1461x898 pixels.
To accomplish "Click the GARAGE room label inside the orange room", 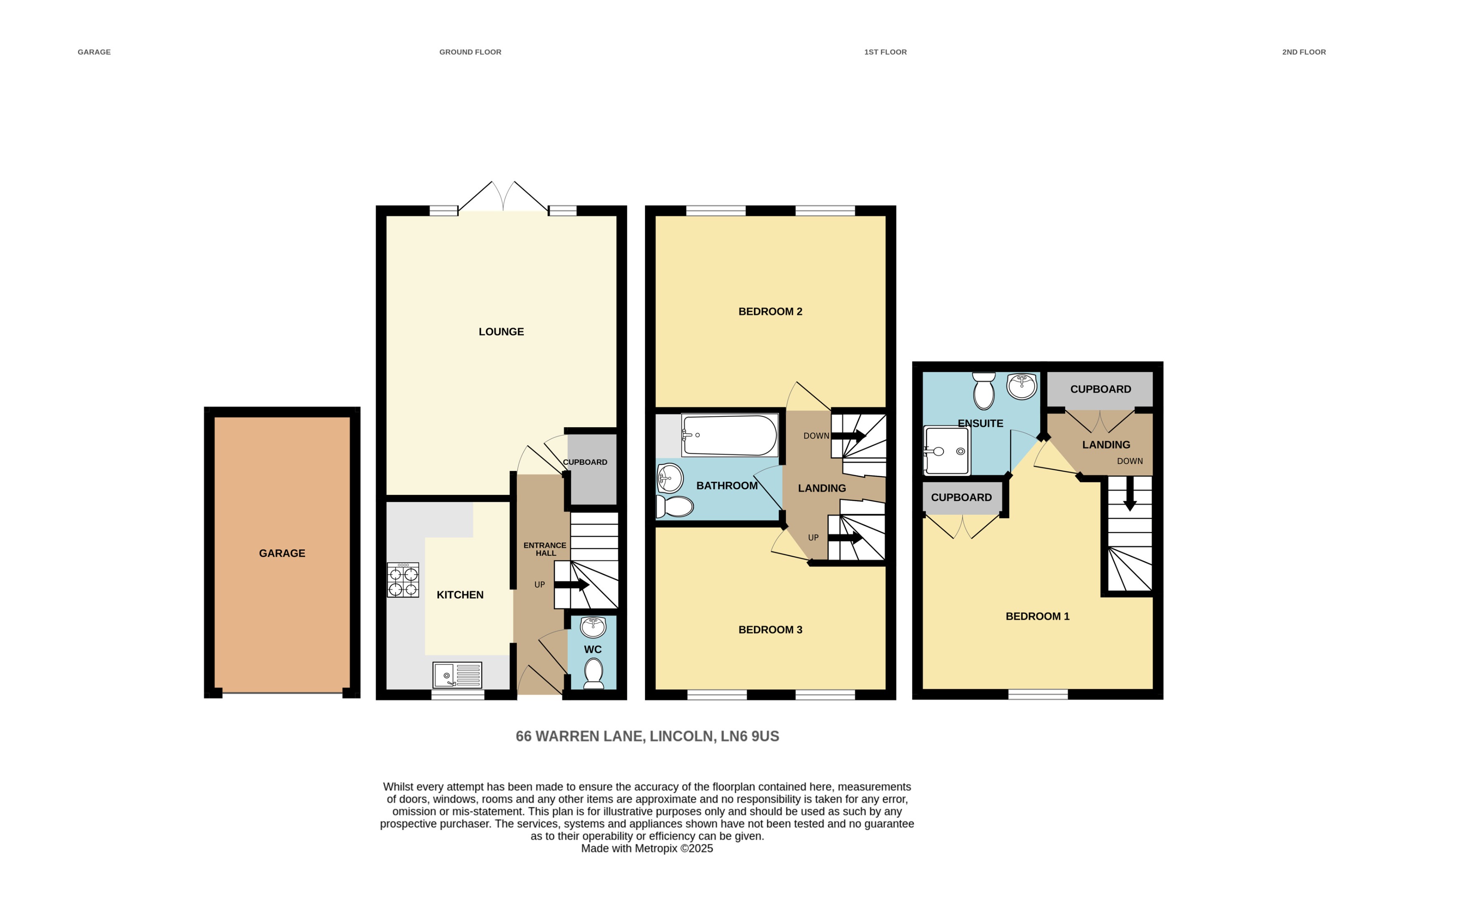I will pyautogui.click(x=282, y=553).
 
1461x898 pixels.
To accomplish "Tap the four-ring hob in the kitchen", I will pyautogui.click(x=403, y=580).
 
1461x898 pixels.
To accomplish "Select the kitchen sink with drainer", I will pyautogui.click(x=457, y=675).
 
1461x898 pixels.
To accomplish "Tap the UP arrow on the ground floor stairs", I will pyautogui.click(x=571, y=585).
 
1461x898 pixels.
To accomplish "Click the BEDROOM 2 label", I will pyautogui.click(x=770, y=311).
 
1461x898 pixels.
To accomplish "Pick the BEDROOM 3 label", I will pyautogui.click(x=770, y=630).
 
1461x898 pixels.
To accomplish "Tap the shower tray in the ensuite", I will pyautogui.click(x=946, y=451).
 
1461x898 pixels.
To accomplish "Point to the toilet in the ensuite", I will pyautogui.click(x=984, y=392).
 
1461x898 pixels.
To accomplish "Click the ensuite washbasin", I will pyautogui.click(x=1021, y=386).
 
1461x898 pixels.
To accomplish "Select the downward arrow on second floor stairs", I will pyautogui.click(x=1130, y=494).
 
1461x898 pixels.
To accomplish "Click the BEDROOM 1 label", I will pyautogui.click(x=1037, y=616).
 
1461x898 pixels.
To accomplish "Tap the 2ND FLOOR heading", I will pyautogui.click(x=1304, y=52).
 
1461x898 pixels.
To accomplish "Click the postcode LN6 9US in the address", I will pyautogui.click(x=749, y=737).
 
